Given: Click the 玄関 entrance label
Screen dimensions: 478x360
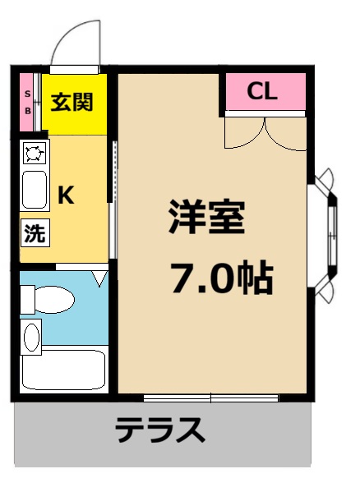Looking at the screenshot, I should (72, 102).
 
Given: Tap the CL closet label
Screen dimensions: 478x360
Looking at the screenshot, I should (263, 92).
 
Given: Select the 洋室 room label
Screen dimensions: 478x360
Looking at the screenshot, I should (206, 218).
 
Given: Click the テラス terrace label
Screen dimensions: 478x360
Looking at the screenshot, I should (159, 430).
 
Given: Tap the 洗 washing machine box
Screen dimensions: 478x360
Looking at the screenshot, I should (34, 232).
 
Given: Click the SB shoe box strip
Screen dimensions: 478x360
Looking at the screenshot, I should (28, 102).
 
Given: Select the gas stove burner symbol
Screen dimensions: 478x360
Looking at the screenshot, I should (35, 153).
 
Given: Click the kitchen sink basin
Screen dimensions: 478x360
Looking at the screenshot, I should (35, 190).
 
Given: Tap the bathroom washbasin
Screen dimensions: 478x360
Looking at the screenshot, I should (31, 337).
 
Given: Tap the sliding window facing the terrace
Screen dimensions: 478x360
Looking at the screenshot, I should (210, 398).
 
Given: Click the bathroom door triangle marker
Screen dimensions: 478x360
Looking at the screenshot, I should (99, 279).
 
